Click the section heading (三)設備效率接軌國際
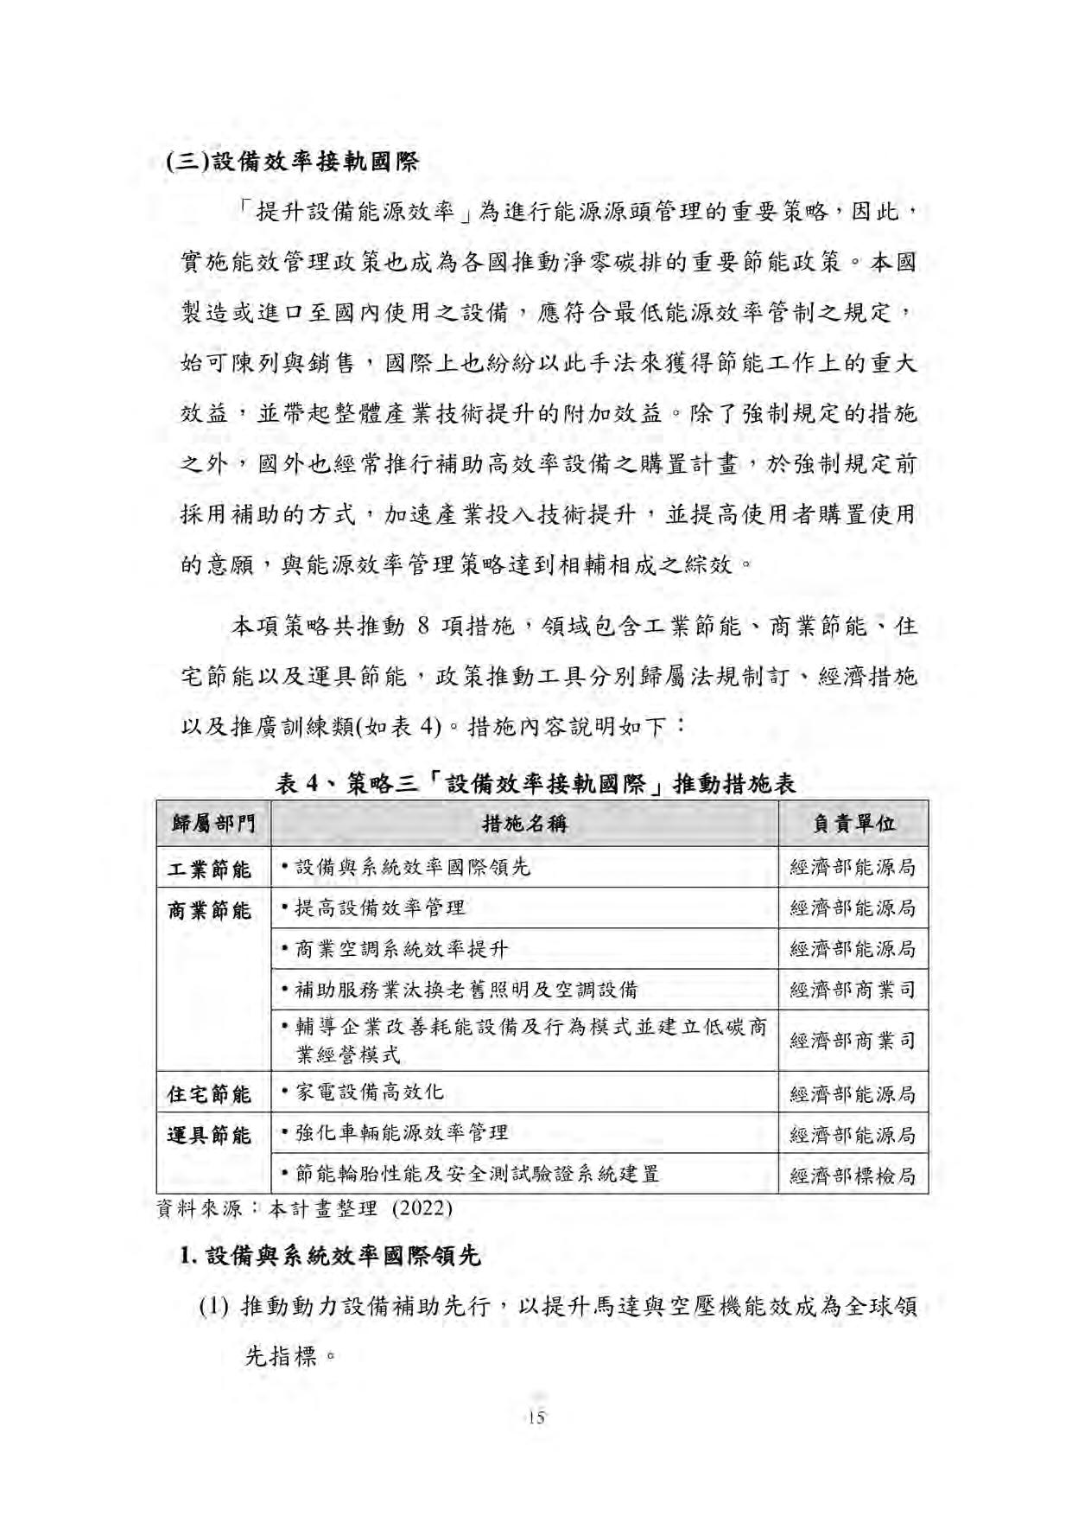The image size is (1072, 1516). click(x=292, y=162)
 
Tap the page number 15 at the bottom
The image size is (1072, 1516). click(x=536, y=1417)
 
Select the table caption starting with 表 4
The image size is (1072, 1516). click(x=536, y=783)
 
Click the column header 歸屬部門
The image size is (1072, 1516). click(x=212, y=824)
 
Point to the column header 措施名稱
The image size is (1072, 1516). click(x=524, y=824)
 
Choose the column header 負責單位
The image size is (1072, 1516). click(x=853, y=824)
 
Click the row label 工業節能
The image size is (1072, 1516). click(x=210, y=869)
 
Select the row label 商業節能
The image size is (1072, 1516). click(x=210, y=910)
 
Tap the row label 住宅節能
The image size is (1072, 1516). click(x=210, y=1094)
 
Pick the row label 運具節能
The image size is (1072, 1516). click(x=210, y=1135)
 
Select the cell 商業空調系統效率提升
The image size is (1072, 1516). click(x=402, y=949)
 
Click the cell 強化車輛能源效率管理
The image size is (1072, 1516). click(x=402, y=1133)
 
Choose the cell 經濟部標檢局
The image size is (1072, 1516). click(x=853, y=1175)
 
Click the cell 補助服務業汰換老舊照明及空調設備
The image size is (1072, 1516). click(x=466, y=990)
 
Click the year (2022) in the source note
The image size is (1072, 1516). click(x=422, y=1208)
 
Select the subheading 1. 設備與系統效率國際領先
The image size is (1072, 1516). click(x=329, y=1255)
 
